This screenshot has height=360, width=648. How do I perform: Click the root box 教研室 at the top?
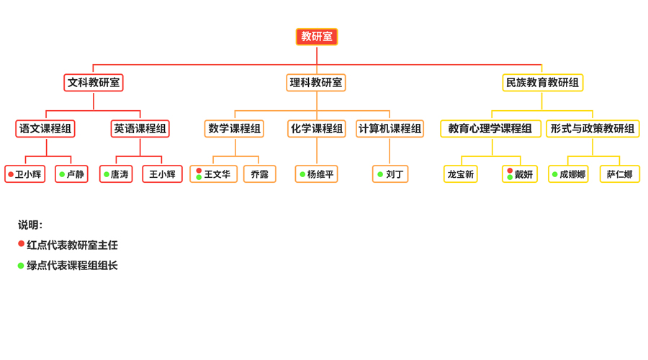point(317,37)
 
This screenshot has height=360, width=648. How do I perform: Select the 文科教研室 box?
point(94,83)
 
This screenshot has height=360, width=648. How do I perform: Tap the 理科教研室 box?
point(316,83)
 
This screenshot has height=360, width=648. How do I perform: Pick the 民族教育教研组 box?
point(542,83)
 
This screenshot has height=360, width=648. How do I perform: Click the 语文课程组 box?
point(45,129)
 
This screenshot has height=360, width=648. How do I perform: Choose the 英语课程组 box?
point(140,129)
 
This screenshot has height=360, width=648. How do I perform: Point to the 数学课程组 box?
point(234,129)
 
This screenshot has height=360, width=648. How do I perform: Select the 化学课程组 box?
point(316,129)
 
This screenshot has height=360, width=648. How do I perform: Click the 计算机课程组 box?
point(390,129)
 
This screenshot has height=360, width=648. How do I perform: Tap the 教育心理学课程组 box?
point(490,129)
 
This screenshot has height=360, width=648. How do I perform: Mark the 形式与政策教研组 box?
point(593,129)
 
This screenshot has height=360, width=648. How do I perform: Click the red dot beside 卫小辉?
point(11,174)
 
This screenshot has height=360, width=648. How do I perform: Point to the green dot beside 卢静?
point(62,174)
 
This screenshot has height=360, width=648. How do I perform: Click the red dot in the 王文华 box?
point(199,171)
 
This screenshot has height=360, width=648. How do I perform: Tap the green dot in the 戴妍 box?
point(510,178)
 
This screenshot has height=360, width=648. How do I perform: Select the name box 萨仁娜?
point(619,174)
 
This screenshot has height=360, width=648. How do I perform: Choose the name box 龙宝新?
point(461,174)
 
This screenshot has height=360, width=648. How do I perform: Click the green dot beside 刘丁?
point(380,174)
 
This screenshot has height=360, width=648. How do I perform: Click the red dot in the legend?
point(21,244)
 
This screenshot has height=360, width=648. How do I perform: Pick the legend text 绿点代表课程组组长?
point(72,266)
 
